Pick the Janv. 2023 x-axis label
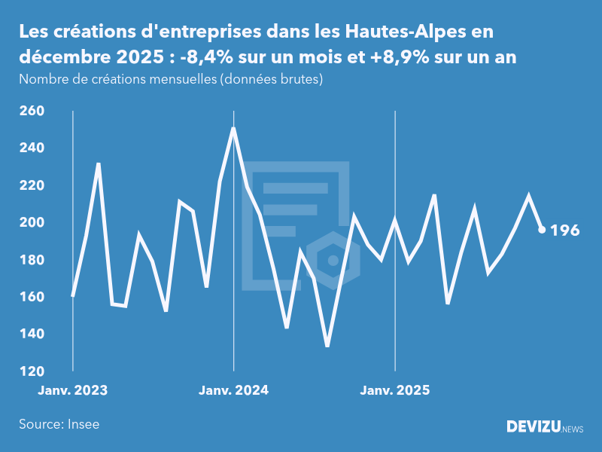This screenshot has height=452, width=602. point(73,391)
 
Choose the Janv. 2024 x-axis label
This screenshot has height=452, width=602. point(233,391)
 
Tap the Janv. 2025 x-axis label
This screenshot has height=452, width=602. point(395,391)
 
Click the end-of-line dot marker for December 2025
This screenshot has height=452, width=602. point(542,230)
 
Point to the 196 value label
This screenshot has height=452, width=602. point(565,231)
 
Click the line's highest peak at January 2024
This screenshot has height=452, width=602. point(233,129)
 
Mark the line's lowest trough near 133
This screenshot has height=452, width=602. point(327,345)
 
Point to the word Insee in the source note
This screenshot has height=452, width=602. point(84,424)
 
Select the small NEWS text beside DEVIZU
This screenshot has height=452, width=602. point(573,429)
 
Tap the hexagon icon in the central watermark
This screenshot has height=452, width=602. point(332,261)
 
